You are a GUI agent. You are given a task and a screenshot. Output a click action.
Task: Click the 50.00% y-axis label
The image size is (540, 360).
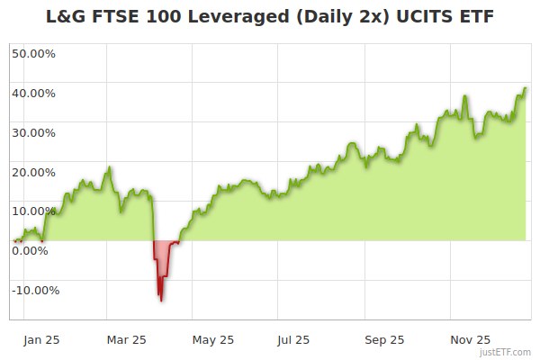coord(33,53)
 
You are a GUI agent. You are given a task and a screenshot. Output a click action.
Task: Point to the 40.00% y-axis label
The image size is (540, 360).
coord(33,93)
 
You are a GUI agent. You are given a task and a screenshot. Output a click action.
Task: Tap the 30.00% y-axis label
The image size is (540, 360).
coord(33,132)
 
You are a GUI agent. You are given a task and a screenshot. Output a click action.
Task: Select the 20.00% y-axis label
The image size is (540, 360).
coord(33,172)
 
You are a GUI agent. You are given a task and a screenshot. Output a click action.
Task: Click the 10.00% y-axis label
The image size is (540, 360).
coord(33,211)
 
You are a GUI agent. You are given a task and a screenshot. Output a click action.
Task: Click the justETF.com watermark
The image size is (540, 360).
coord(507,352)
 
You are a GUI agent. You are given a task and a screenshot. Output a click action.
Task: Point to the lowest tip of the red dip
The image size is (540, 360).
coord(161,301)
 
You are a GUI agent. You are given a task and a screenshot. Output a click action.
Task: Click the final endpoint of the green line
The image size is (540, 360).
coord(526,88)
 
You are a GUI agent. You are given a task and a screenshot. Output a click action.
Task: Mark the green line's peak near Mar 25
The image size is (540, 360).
coord(110,167)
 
